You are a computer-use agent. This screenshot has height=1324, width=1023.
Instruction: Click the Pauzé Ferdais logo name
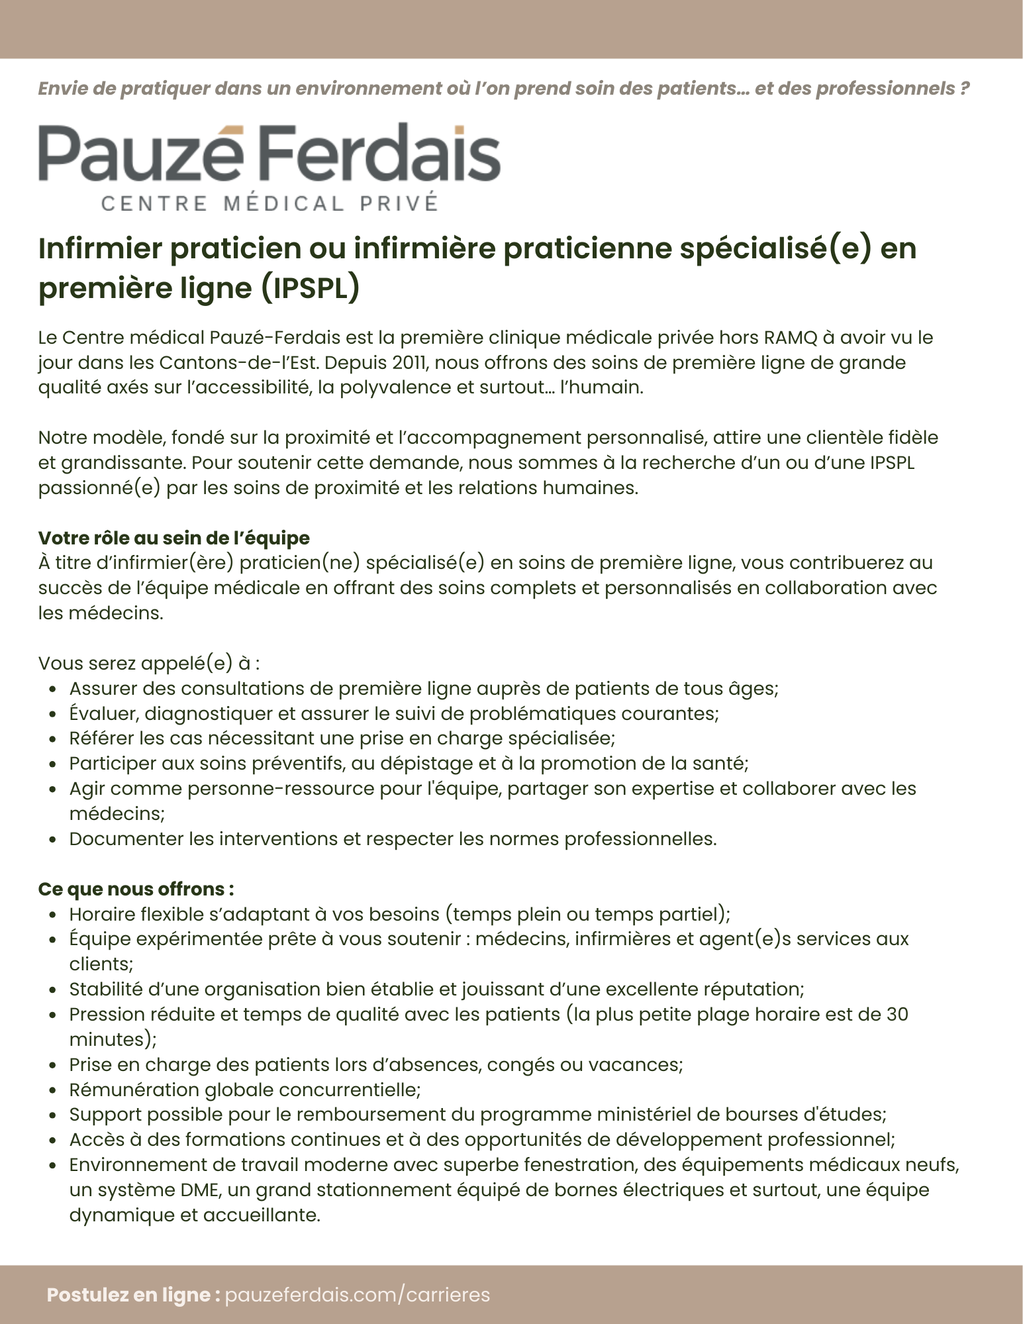point(269,154)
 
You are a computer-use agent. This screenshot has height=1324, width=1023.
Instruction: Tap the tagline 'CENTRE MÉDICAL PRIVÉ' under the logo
point(269,203)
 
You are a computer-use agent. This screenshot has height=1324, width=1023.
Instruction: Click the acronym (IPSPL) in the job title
point(310,288)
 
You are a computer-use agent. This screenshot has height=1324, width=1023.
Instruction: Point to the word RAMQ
point(791,337)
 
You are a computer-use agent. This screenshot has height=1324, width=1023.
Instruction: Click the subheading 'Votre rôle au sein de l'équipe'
point(173,537)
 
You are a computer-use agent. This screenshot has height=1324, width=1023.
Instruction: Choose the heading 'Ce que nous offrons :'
point(136,888)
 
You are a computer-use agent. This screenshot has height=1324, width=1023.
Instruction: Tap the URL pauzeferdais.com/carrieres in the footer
point(358,1294)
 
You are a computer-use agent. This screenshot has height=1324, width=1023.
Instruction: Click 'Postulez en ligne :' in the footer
point(133,1294)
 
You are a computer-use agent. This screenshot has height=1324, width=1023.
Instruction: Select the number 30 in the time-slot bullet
point(897,1014)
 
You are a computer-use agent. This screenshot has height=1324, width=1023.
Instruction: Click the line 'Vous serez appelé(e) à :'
point(149,663)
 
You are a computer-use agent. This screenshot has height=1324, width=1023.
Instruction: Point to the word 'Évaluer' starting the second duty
point(103,713)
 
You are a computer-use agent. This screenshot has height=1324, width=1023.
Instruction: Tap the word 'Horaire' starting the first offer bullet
point(102,914)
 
